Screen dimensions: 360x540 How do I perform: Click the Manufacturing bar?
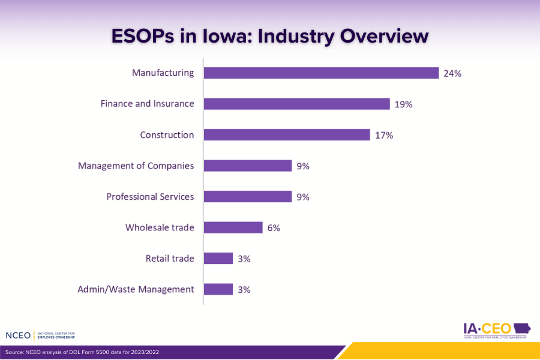[x=321, y=73]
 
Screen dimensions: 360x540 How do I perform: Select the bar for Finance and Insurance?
[x=296, y=104]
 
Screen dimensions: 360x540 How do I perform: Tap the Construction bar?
[x=287, y=135]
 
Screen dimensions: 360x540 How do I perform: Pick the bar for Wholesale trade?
[x=233, y=227]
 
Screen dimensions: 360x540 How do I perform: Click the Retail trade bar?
[x=218, y=259]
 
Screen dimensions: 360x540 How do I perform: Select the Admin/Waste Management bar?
[x=218, y=289]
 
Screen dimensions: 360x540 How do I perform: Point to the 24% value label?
[x=452, y=73]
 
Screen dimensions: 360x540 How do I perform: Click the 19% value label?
[x=403, y=104]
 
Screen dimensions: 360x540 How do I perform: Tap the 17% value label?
[x=384, y=136]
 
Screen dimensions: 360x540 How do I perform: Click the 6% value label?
[x=274, y=228]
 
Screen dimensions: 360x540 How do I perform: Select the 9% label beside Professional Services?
[x=302, y=197]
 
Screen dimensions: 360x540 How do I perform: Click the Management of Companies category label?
[x=136, y=166]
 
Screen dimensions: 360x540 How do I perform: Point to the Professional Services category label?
[x=150, y=197]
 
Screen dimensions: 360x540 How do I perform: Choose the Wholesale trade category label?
[x=160, y=228]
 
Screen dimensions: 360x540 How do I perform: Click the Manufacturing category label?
[x=163, y=73]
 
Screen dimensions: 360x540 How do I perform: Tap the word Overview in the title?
[x=385, y=36]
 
